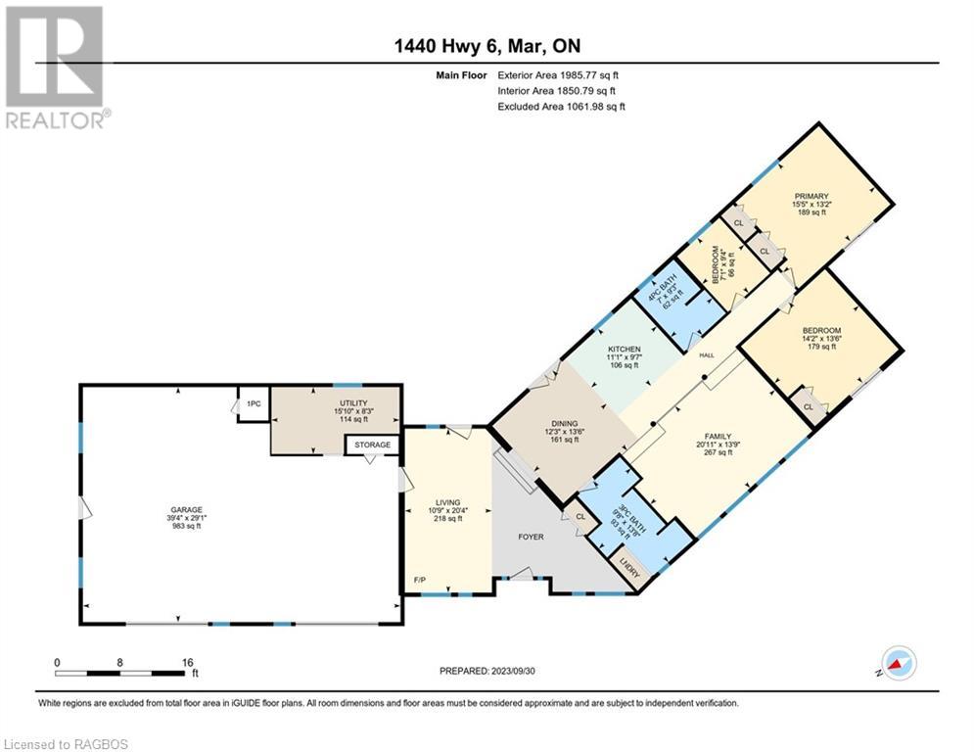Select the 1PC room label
[254, 403]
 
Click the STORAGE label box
[372, 445]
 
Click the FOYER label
[530, 537]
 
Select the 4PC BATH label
[669, 292]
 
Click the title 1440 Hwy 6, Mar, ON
[487, 46]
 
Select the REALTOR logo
[55, 67]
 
